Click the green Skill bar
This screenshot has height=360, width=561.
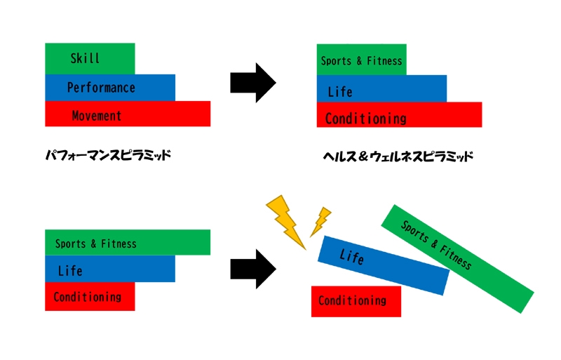pyautogui.click(x=90, y=59)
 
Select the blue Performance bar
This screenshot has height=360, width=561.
pyautogui.click(x=110, y=88)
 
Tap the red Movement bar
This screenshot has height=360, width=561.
pyautogui.click(x=128, y=114)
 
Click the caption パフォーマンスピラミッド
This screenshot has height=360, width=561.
pyautogui.click(x=108, y=155)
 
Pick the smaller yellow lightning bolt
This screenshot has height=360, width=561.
pyautogui.click(x=320, y=221)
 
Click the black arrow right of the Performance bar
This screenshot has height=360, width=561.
pyautogui.click(x=252, y=83)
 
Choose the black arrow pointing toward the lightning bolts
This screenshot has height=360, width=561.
pyautogui.click(x=252, y=268)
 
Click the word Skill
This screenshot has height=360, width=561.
pyautogui.click(x=85, y=58)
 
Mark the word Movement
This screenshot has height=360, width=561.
pyautogui.click(x=97, y=116)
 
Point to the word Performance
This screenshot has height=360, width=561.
pyautogui.click(x=101, y=88)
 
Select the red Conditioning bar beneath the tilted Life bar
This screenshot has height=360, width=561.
pyautogui.click(x=356, y=301)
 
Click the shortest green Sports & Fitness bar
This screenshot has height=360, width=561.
pyautogui.click(x=362, y=60)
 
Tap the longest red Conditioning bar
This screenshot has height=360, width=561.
pyautogui.click(x=399, y=115)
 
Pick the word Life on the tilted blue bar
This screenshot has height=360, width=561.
pyautogui.click(x=351, y=258)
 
